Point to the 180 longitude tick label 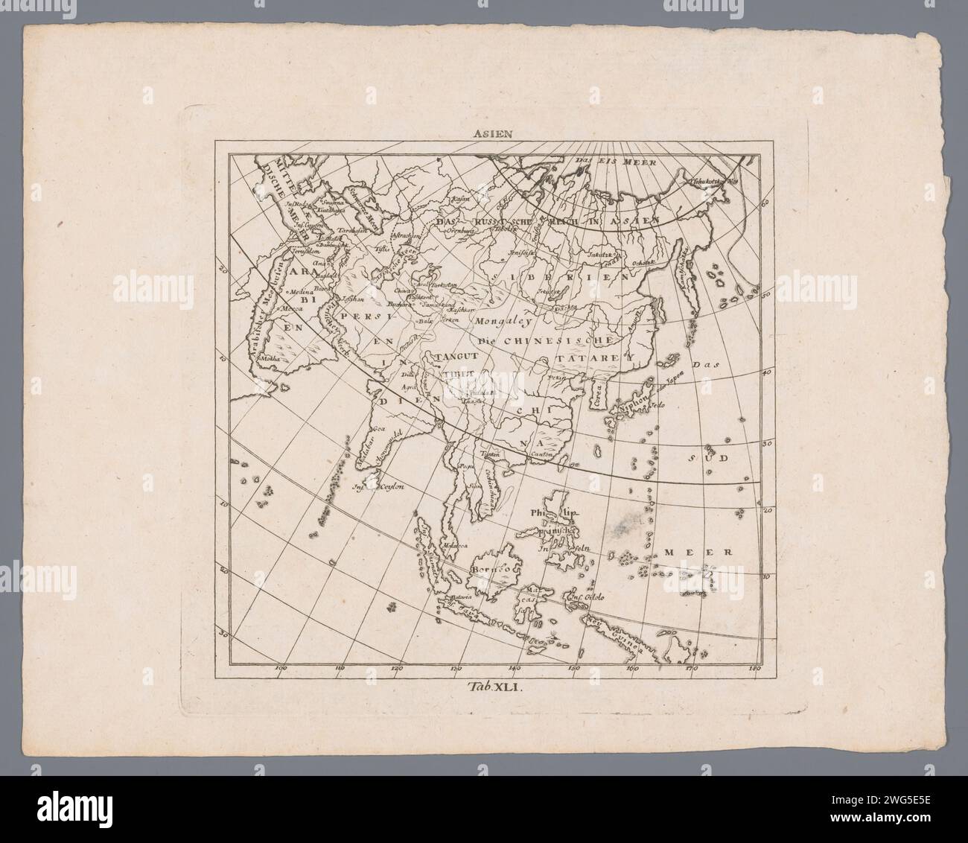tap(757, 668)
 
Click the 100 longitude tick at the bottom tap(281, 668)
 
